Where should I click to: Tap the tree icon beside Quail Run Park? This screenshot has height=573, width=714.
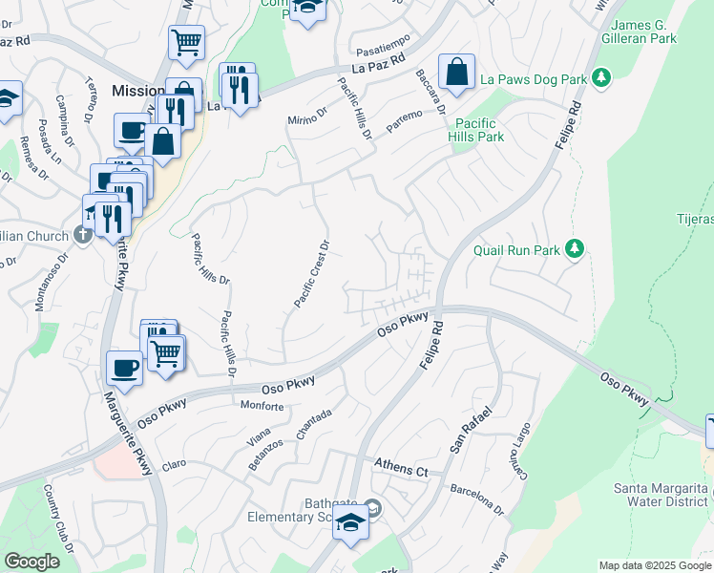click(x=574, y=249)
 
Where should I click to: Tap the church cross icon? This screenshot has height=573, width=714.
click(x=83, y=236)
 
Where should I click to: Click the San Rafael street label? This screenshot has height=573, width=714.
click(x=472, y=431)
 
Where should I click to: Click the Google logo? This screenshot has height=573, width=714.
click(x=31, y=562)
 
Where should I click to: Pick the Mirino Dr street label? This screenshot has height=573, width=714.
click(x=307, y=119)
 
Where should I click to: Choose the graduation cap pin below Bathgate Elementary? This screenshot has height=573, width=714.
click(x=351, y=524)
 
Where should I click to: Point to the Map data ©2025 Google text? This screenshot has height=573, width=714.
click(x=655, y=565)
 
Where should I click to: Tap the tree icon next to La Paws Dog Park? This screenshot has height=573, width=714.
click(x=600, y=76)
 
